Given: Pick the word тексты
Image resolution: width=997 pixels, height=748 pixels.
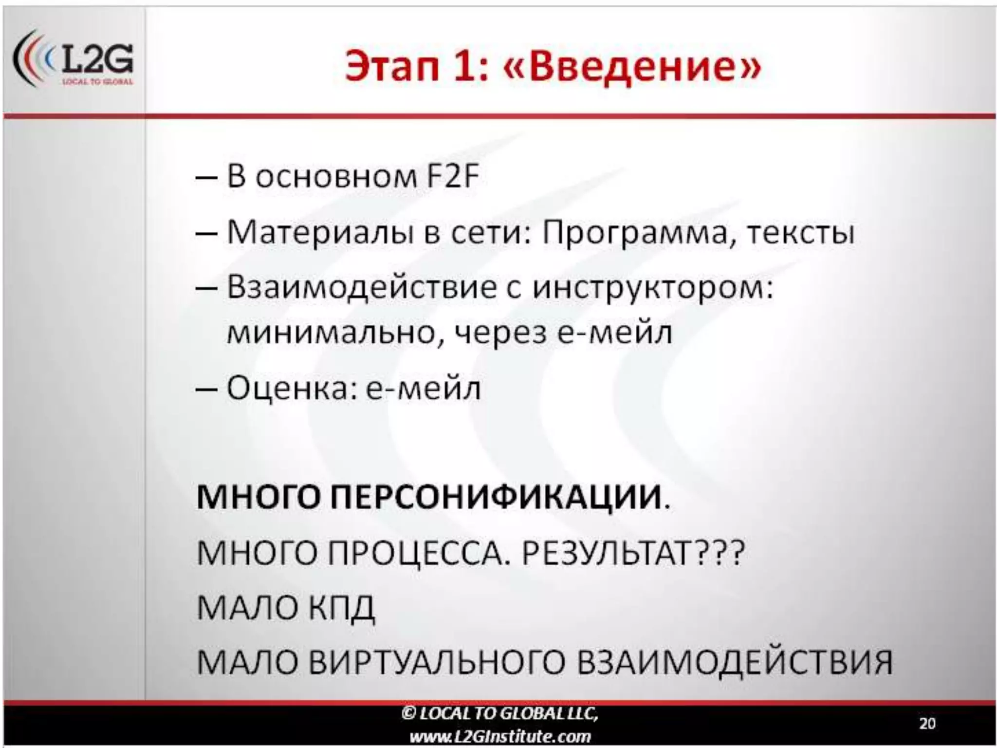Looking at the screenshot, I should click(x=801, y=233).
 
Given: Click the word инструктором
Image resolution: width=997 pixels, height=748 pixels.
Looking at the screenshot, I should click(x=652, y=288).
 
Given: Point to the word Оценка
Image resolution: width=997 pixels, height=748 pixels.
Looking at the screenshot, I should click(x=289, y=389).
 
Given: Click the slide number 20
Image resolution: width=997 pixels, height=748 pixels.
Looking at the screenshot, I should click(x=927, y=723).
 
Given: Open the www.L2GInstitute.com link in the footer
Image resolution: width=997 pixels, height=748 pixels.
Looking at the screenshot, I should click(x=500, y=736).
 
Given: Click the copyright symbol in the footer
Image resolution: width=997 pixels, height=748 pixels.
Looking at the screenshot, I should click(x=407, y=714).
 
